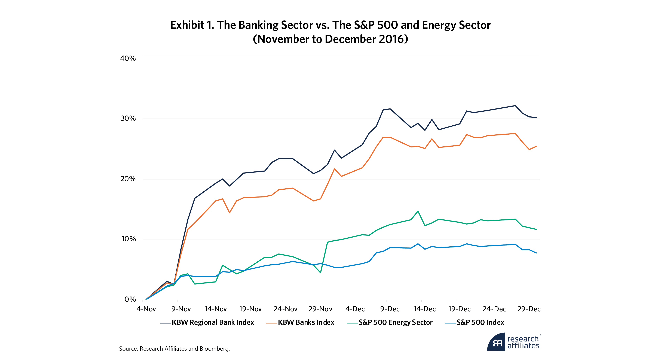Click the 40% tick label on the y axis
pos(128,58)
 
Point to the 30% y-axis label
pos(128,118)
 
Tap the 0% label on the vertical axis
pos(130,299)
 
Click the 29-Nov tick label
pos(320,309)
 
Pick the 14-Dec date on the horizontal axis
pos(424,309)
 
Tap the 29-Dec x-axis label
pos(529,309)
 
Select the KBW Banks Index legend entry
pos(306,322)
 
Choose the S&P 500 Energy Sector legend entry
pos(395,322)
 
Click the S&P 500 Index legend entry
pos(480,322)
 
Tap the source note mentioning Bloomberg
pos(175,349)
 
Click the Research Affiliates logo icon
pos(497,343)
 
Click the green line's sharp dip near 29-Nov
pos(320,273)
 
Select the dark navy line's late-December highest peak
pos(515,105)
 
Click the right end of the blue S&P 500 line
pos(536,253)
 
